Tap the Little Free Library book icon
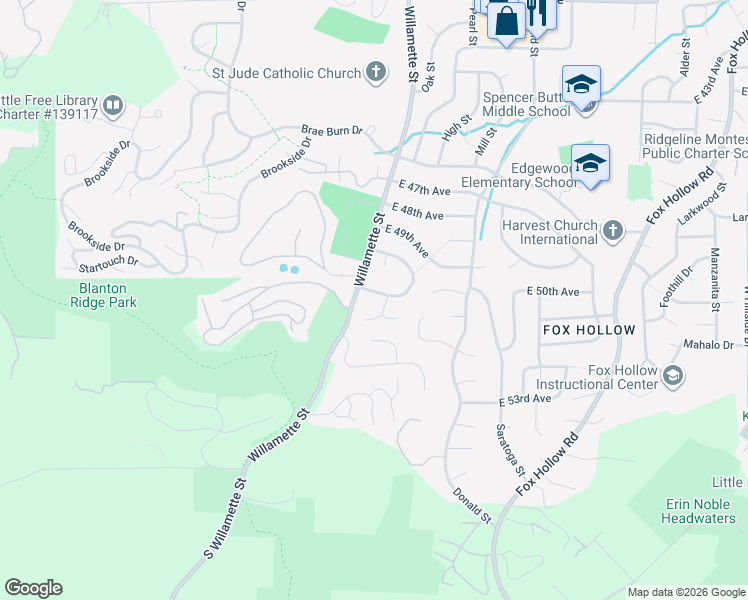click(x=113, y=105)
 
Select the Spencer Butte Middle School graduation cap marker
click(x=580, y=85)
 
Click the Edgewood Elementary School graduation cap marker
click(x=590, y=163)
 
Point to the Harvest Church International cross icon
click(x=613, y=232)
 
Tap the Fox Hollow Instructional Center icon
click(x=673, y=376)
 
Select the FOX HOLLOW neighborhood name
click(x=589, y=330)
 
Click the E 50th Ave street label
click(x=553, y=292)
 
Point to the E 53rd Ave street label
click(x=525, y=399)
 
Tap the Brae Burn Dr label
click(x=333, y=131)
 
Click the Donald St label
click(x=471, y=506)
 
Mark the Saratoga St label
click(x=504, y=445)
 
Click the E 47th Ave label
click(x=424, y=189)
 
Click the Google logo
click(x=33, y=588)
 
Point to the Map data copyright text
click(x=686, y=592)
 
